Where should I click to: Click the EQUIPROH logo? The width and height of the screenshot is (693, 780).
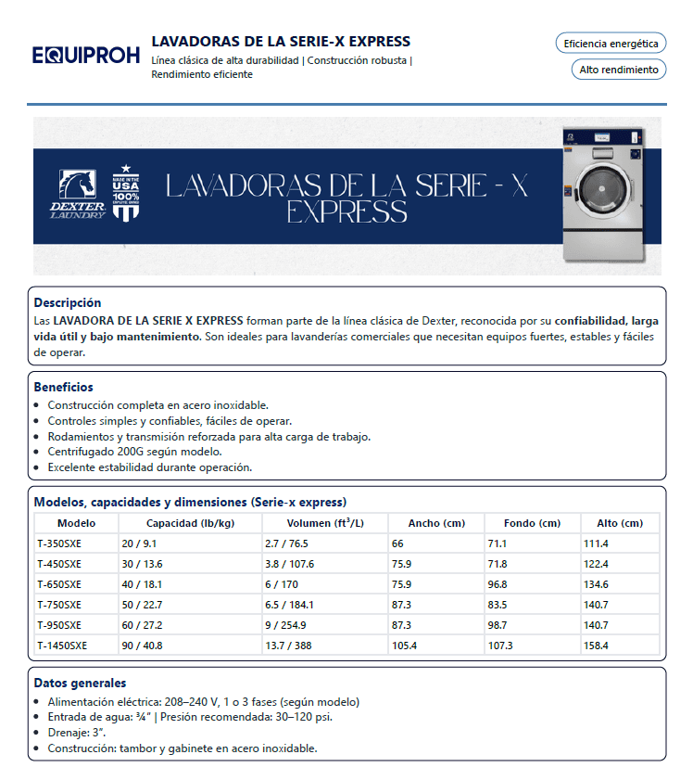pyautogui.click(x=85, y=56)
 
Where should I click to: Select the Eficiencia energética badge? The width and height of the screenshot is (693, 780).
pyautogui.click(x=611, y=44)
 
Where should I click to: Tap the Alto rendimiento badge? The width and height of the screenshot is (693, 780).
pyautogui.click(x=618, y=70)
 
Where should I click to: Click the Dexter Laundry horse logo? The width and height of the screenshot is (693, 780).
pyautogui.click(x=78, y=194)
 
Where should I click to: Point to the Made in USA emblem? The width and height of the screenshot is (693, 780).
pyautogui.click(x=126, y=193)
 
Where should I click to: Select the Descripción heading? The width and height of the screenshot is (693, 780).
pyautogui.click(x=68, y=302)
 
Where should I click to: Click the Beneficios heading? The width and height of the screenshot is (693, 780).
pyautogui.click(x=63, y=387)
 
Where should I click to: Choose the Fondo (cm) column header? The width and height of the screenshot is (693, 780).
pyautogui.click(x=532, y=523)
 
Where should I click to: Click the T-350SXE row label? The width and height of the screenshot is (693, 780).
pyautogui.click(x=59, y=543)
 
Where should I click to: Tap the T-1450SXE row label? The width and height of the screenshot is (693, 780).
pyautogui.click(x=62, y=646)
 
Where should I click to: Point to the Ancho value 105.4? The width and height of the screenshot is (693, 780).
pyautogui.click(x=405, y=646)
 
